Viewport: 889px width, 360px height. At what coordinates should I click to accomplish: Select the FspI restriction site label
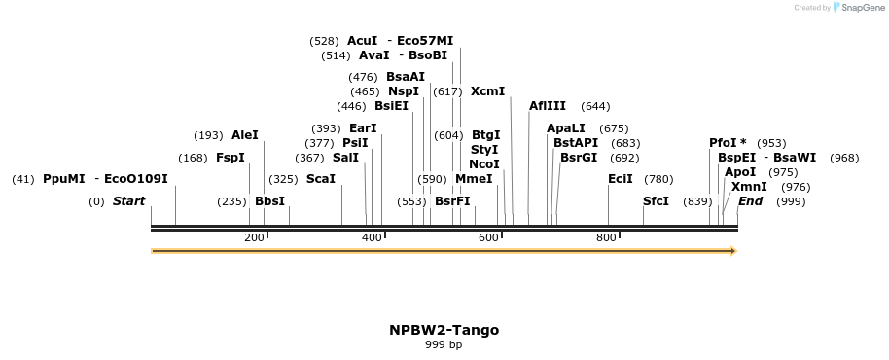(x=231, y=158)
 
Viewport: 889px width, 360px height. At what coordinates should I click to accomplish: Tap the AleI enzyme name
(x=245, y=135)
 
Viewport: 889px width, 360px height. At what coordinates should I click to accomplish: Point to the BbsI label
(x=269, y=201)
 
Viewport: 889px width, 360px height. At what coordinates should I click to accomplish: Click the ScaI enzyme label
(x=321, y=179)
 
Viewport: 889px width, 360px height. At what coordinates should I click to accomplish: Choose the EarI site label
(x=363, y=128)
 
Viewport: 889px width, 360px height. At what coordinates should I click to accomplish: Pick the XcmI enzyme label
(x=488, y=91)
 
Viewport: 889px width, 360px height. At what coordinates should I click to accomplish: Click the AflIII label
(x=547, y=106)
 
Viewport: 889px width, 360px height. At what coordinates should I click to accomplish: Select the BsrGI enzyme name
(x=579, y=158)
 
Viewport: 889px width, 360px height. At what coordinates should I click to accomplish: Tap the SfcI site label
(x=657, y=201)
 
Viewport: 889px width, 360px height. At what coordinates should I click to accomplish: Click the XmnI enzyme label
(x=749, y=187)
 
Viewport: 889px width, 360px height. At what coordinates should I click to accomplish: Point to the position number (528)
(x=324, y=41)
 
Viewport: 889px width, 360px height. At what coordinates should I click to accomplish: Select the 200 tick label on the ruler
(x=254, y=237)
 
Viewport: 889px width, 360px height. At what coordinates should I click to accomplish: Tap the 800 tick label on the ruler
(x=606, y=237)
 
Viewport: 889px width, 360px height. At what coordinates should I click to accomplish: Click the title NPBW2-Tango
(x=444, y=330)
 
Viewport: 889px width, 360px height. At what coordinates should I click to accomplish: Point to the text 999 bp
(x=444, y=344)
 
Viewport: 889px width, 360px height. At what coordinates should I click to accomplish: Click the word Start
(x=128, y=201)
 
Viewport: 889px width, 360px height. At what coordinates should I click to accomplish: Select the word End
(x=750, y=201)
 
